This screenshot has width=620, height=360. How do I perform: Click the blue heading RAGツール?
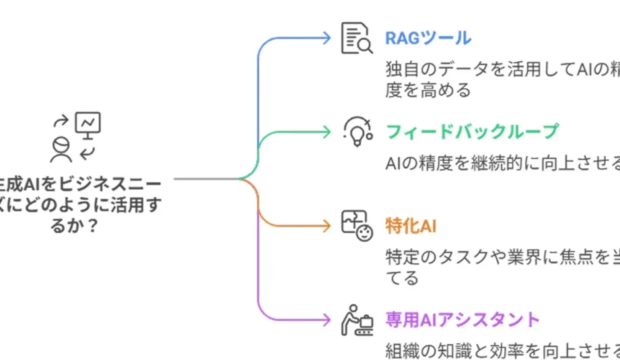[427, 38]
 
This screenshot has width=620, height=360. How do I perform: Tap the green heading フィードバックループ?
[472, 131]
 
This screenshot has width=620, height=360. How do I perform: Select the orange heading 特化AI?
[411, 225]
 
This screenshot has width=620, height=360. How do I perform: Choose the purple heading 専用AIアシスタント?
[462, 319]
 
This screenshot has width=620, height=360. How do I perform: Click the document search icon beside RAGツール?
[356, 38]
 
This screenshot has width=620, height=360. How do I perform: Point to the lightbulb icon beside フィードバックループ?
[357, 131]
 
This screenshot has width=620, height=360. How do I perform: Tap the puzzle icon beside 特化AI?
[356, 225]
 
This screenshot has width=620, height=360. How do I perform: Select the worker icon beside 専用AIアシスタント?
[356, 319]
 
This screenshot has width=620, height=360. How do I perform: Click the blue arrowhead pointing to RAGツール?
[327, 38]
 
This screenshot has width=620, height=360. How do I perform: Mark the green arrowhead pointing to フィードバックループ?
[327, 131]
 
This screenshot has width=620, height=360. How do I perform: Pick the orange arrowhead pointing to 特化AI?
[327, 225]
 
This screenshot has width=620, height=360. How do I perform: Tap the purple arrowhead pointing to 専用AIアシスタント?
[327, 319]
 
